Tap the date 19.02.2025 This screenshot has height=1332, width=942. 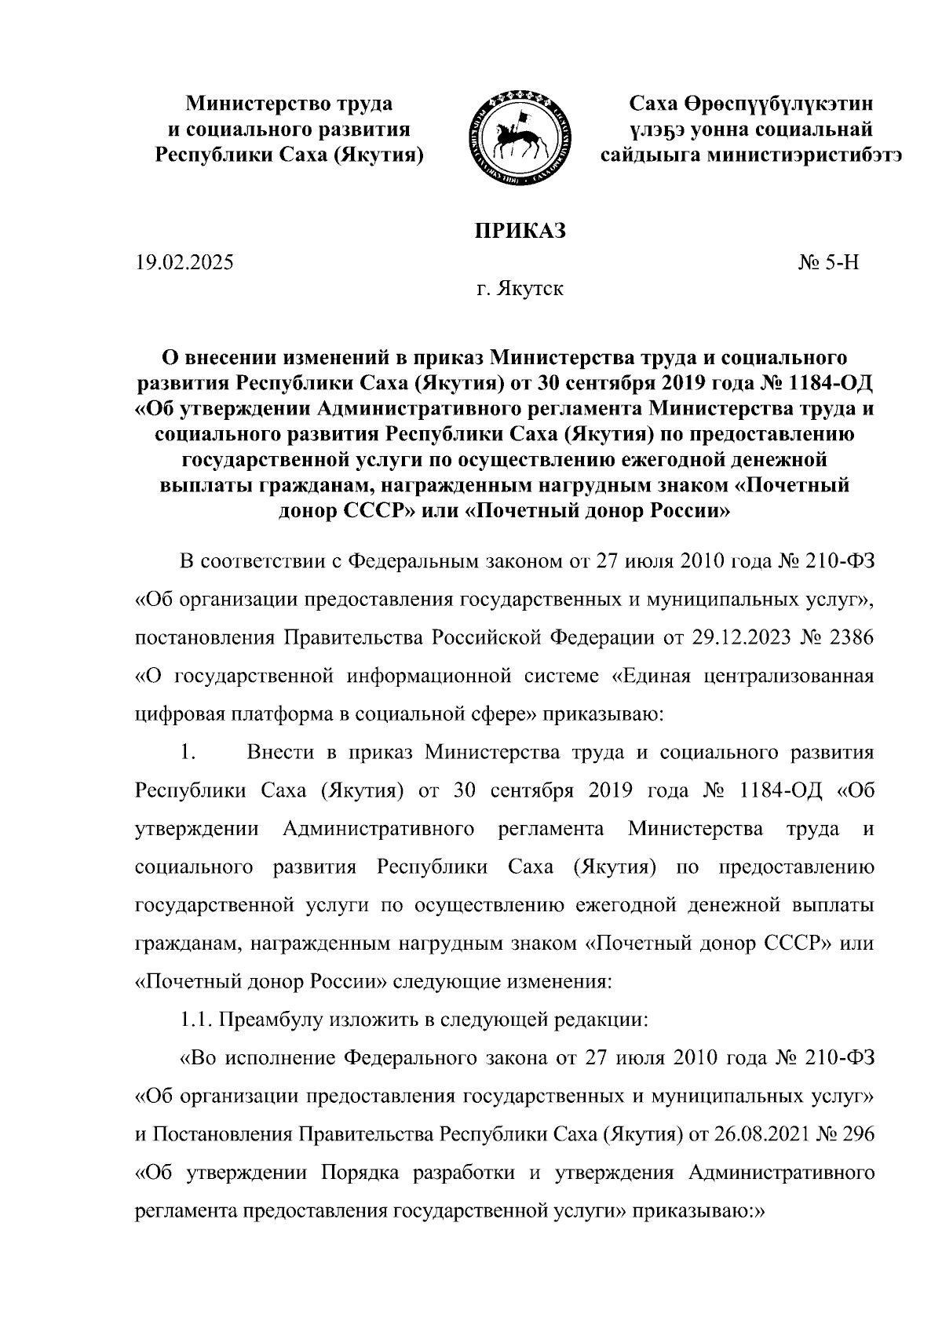tap(184, 263)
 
